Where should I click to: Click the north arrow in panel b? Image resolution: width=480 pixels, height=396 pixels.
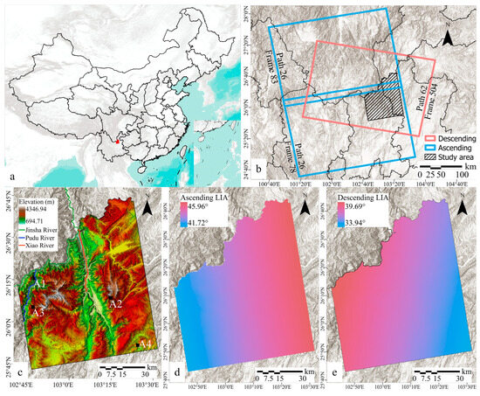[448, 38]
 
